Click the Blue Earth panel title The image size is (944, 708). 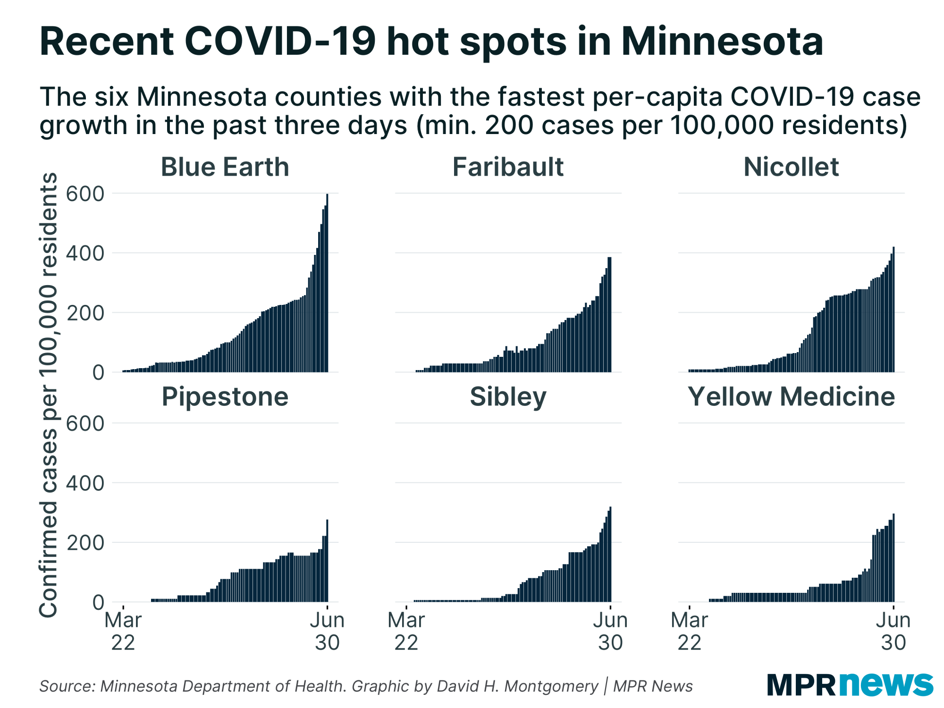225,167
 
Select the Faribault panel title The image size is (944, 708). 508,167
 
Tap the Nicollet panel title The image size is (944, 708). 791,167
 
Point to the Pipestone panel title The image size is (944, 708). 225,396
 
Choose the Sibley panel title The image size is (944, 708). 508,396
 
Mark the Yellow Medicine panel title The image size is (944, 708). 791,396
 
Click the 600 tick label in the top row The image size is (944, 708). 85,194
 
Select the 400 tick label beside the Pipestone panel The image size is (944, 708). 85,483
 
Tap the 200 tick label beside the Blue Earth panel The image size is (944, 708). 85,313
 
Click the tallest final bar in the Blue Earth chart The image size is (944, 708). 327,283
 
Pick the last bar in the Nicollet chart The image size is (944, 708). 893,309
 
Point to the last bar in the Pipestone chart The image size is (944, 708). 327,562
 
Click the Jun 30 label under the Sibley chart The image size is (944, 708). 610,631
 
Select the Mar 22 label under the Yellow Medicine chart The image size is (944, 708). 689,631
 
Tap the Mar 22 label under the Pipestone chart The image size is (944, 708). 123,631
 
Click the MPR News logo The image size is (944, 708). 850,684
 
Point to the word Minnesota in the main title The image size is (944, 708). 722,42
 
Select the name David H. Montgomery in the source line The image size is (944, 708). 517,686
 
